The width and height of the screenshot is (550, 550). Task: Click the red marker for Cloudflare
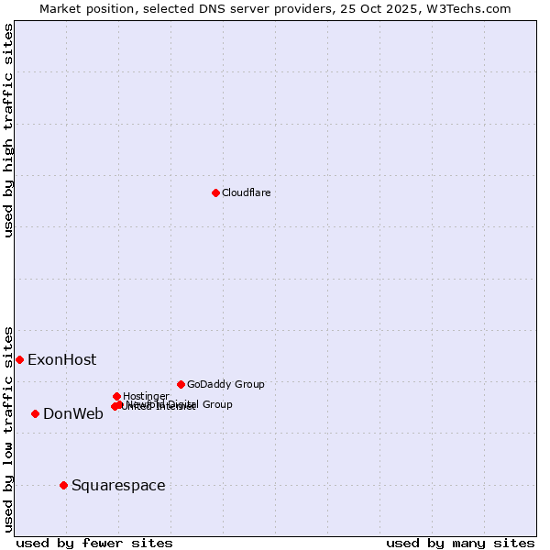pos(215,192)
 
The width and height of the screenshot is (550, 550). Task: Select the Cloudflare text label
pos(246,192)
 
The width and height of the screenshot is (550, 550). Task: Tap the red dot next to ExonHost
pos(19,359)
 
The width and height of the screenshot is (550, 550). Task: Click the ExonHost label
pos(61,359)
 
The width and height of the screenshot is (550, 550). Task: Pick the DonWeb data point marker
pos(35,413)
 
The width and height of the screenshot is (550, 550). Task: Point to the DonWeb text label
pos(73,413)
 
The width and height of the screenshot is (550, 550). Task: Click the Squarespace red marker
pos(63,485)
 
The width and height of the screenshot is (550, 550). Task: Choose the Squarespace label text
pos(118,485)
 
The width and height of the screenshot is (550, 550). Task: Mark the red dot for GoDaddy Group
pos(181,384)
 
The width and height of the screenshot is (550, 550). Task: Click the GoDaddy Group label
pos(225,384)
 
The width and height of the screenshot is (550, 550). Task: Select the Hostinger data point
pos(116,396)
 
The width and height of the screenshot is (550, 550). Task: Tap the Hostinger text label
pos(146,396)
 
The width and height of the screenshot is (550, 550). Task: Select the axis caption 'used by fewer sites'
pos(94,543)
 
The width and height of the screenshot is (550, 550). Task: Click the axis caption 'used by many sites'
pos(460,543)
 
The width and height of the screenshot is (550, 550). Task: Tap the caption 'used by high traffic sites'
pos(9,130)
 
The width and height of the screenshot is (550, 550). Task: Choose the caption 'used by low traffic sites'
pos(9,428)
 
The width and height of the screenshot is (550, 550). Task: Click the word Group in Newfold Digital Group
pos(216,404)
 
